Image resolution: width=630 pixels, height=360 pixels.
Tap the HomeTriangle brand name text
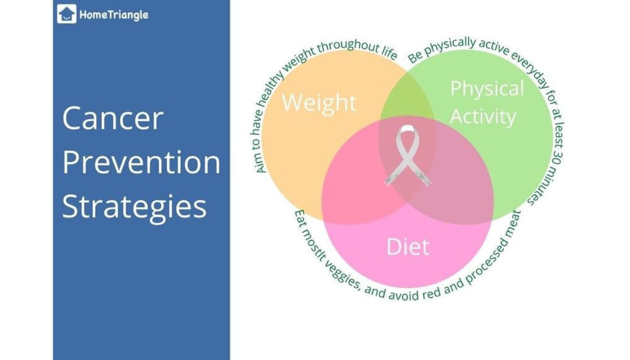pos(113,15)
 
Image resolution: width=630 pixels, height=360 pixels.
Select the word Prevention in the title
pos(141,163)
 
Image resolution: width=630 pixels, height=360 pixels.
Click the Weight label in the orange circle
pos(319,102)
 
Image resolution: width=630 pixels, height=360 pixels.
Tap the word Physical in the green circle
pos(486,88)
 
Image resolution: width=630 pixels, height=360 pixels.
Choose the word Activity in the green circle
pos(483,117)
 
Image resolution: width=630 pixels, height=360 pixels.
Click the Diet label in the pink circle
pos(407,246)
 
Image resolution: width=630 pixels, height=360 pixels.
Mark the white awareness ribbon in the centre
pos(408,154)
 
